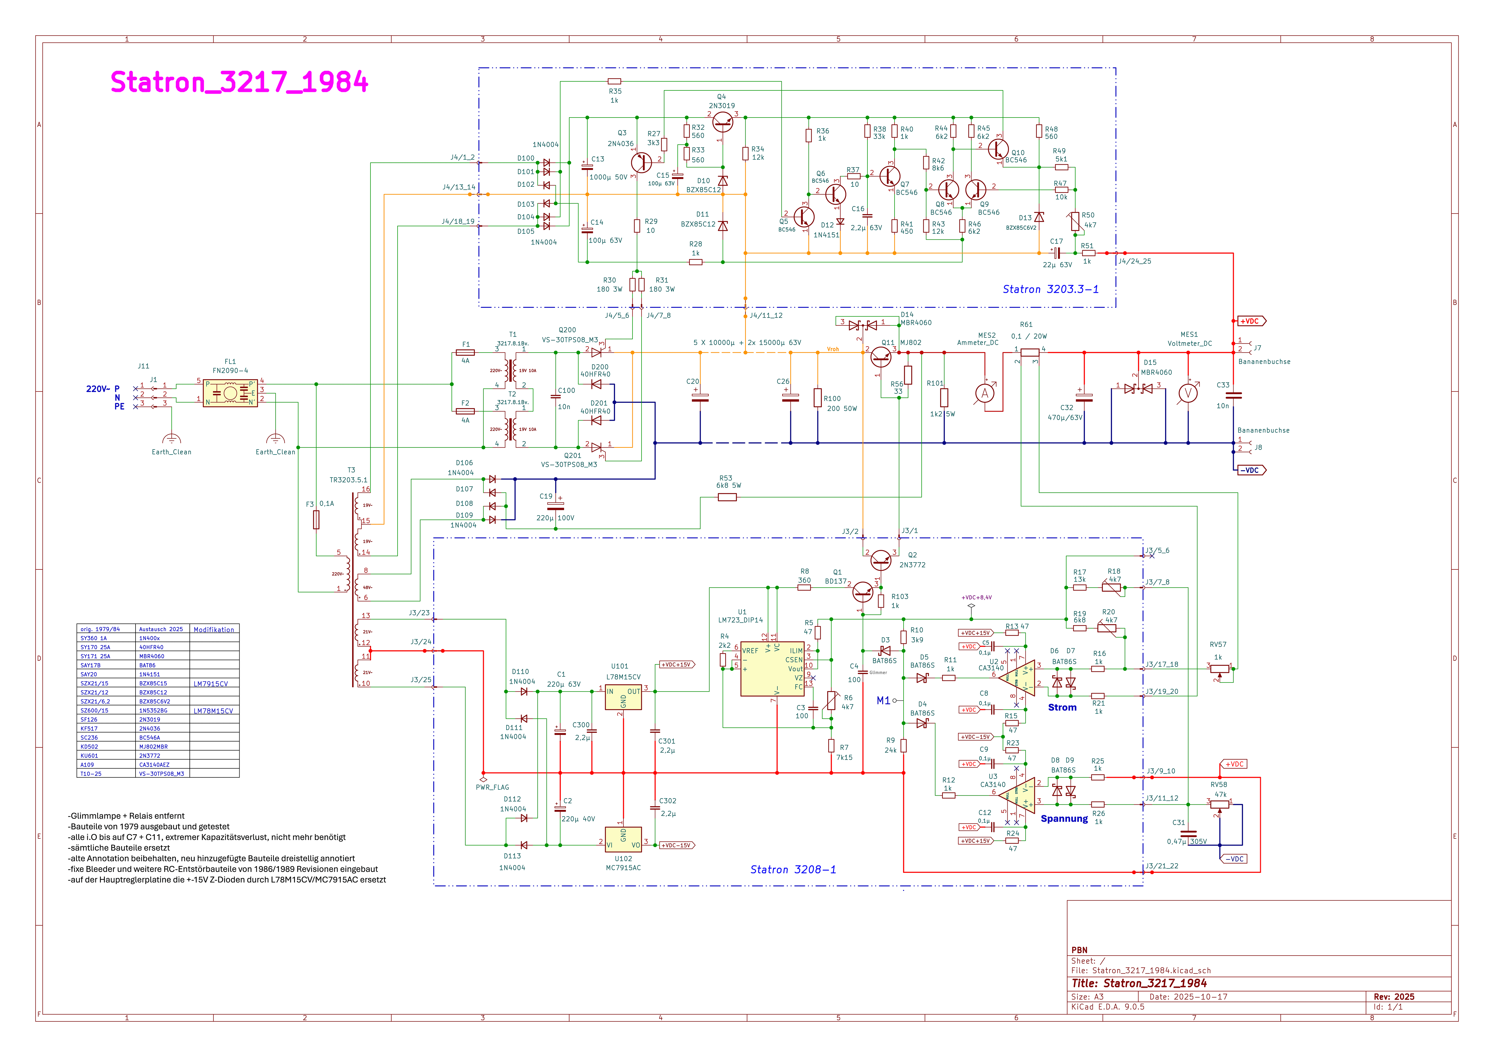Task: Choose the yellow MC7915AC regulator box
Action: (623, 839)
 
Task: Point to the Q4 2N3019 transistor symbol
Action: (722, 121)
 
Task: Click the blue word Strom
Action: (1062, 708)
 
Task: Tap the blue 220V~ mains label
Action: (98, 389)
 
